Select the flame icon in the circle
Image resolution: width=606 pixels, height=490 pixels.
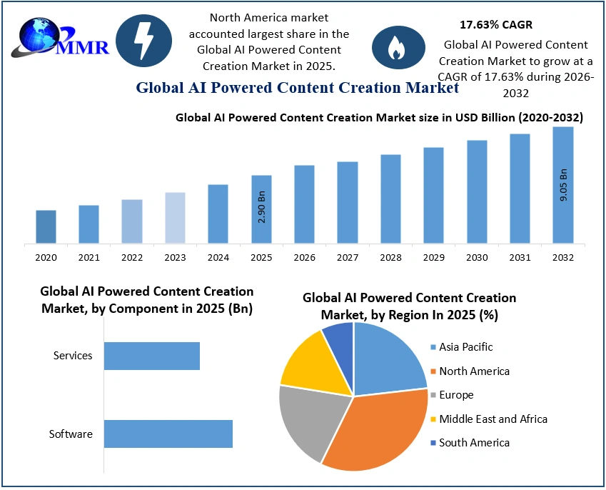tap(394, 47)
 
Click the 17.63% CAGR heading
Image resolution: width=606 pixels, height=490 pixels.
tap(495, 25)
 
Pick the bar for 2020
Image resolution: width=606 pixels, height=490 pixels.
tap(46, 226)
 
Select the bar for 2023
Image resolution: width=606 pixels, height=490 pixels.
tap(175, 218)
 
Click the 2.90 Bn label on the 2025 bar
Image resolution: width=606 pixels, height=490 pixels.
tap(262, 206)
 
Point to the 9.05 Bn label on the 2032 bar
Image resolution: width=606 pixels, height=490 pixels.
tap(563, 185)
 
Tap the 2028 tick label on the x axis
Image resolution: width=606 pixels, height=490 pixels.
tap(390, 257)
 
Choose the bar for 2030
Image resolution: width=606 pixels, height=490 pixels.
tap(477, 191)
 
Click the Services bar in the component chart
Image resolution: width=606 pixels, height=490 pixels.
tap(152, 356)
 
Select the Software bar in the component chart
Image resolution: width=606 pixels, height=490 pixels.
tap(168, 434)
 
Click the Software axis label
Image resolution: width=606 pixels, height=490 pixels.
tap(71, 434)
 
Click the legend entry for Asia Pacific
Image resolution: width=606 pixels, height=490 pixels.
tap(465, 347)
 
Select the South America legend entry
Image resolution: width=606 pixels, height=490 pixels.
tap(474, 443)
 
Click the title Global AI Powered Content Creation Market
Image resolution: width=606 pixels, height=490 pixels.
tap(297, 88)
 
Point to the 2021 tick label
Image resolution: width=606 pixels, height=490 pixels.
tap(89, 257)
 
